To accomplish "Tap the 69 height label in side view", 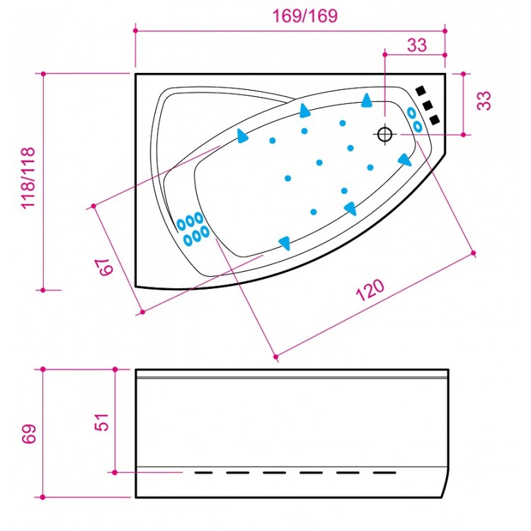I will [28, 434].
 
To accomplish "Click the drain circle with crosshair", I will [384, 133].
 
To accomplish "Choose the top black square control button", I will [421, 91].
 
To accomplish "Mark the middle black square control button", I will [428, 105].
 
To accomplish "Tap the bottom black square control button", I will [434, 118].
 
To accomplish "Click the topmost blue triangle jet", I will [367, 101].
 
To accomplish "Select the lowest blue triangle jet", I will [285, 243].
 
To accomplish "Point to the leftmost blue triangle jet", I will [243, 135].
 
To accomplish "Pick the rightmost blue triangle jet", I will [405, 160].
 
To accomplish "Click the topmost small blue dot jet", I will [343, 123].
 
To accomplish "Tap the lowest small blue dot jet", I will [313, 211].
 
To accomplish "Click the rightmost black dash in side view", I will [384, 472].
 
